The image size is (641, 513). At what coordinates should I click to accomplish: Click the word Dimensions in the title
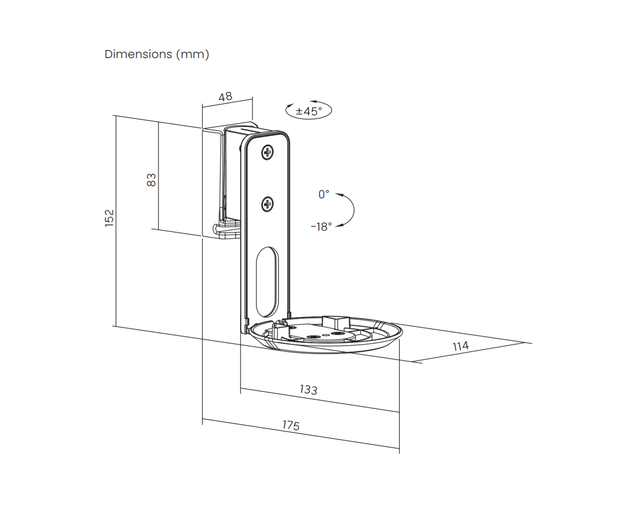point(138,54)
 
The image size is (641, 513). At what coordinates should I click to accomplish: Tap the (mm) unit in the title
point(193,55)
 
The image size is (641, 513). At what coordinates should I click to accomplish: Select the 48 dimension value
point(225,97)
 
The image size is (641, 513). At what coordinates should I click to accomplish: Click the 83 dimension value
point(151,180)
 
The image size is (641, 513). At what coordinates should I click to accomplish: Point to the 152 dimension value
point(109,218)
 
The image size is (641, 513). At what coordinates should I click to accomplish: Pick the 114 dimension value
point(460,346)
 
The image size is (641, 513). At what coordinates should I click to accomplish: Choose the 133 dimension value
point(308,390)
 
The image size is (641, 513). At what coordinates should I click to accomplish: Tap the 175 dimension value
point(291,425)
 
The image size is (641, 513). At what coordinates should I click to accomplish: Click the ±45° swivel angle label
point(309,111)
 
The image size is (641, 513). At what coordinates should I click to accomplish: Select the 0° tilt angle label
point(324,195)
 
